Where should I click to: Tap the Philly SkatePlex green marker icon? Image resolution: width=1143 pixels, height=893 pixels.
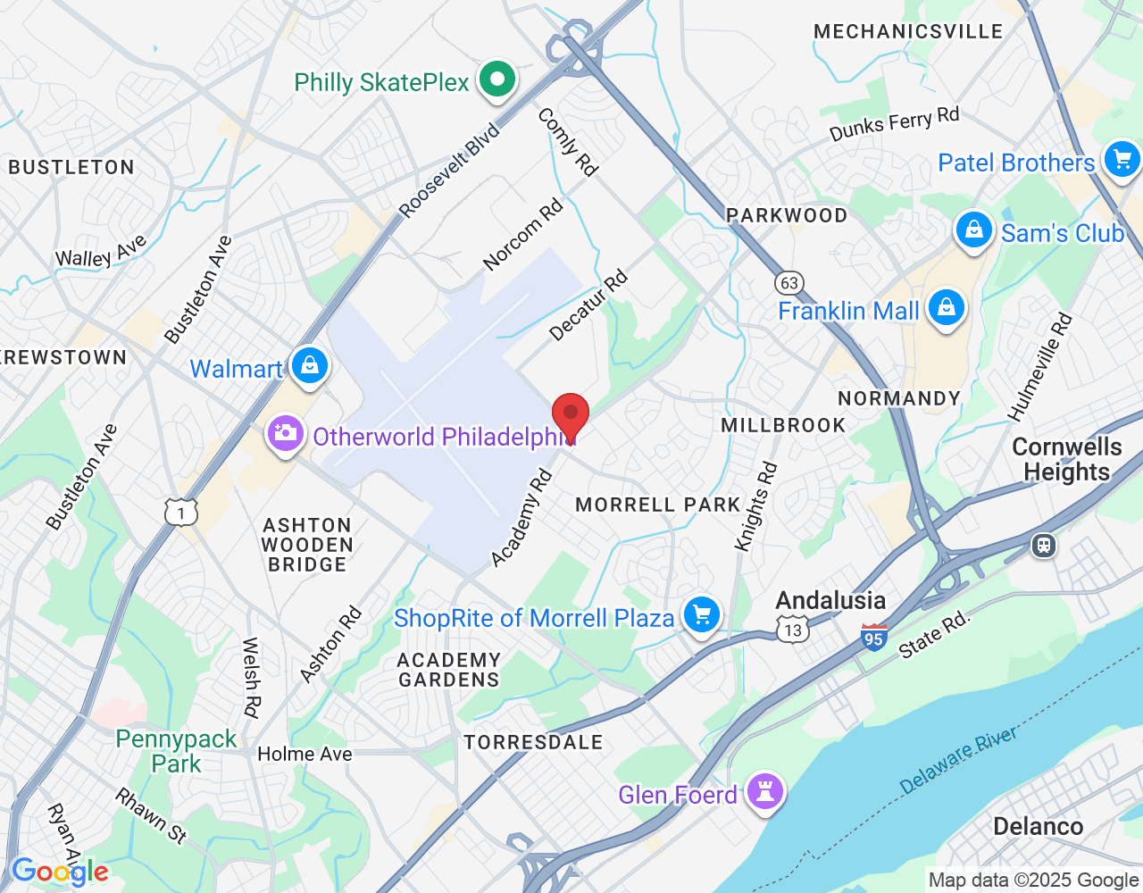point(497,80)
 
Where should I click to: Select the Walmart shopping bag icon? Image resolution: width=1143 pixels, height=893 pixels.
point(310,366)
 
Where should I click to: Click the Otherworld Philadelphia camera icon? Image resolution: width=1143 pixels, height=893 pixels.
point(285,435)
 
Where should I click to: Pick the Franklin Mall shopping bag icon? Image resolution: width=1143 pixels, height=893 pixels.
point(946,309)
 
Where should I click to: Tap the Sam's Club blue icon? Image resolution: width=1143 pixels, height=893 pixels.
point(973,230)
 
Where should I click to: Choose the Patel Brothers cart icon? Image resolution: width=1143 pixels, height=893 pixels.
point(1122,160)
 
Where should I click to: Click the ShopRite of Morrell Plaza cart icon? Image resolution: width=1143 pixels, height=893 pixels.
point(702,615)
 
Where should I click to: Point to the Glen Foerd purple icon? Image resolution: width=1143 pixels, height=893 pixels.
point(765,792)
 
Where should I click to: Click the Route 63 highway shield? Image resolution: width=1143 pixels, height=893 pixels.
point(788,283)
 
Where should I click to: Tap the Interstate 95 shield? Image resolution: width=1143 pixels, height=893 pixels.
point(874,638)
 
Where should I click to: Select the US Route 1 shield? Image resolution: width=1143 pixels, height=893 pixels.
point(181,512)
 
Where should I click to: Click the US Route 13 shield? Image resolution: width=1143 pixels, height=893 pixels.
point(793,630)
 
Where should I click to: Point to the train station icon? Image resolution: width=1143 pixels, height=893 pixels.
point(1043,545)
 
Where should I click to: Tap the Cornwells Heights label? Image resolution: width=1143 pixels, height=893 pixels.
point(1066,459)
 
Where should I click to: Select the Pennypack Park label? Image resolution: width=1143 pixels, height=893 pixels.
point(176,751)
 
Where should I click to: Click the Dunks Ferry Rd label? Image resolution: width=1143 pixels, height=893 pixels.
point(894,123)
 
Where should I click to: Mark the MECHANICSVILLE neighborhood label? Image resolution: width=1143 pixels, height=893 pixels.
point(908,31)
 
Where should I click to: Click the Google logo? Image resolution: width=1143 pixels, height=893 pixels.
point(60,872)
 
